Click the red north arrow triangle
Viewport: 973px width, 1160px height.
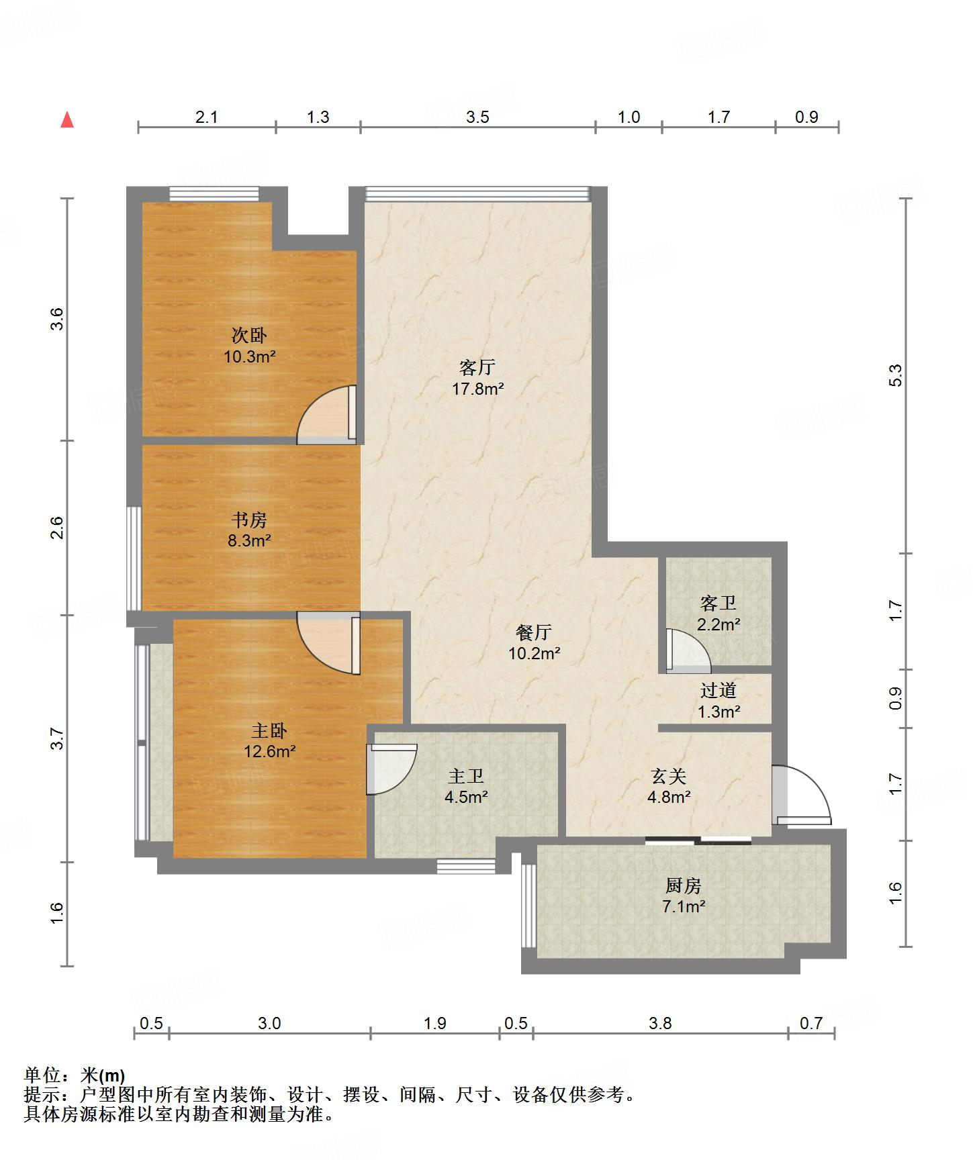[x=67, y=119]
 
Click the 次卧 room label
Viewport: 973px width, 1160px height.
[x=249, y=334]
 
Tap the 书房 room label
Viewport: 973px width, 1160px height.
[x=249, y=520]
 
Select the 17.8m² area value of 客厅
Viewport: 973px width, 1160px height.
[x=477, y=388]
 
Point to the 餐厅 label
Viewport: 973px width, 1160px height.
[x=534, y=632]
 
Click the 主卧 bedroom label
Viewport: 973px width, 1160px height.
[x=269, y=730]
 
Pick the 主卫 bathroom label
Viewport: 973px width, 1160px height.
[x=466, y=776]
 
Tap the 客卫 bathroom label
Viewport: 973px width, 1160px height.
[x=718, y=603]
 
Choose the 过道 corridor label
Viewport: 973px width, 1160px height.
[x=719, y=690]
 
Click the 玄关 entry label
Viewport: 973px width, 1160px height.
[x=669, y=776]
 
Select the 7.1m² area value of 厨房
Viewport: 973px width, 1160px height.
[x=684, y=906]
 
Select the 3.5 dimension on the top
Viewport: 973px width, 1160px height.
[x=477, y=117]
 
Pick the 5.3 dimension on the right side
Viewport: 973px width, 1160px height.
[x=896, y=375]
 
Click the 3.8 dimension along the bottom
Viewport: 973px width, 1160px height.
[x=660, y=1023]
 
